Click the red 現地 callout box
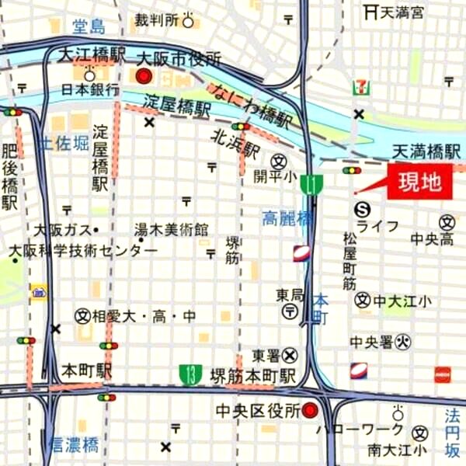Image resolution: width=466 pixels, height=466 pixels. (420, 183)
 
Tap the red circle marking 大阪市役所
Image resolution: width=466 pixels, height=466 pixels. (144, 75)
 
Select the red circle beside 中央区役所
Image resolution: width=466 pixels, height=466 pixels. (310, 409)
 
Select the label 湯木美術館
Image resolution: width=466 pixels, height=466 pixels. (172, 230)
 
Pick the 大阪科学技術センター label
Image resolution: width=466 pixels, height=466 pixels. (84, 251)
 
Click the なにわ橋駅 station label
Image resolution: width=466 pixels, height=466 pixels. (249, 106)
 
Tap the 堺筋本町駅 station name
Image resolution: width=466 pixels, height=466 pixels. (253, 376)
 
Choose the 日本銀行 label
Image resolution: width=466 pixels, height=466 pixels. (89, 89)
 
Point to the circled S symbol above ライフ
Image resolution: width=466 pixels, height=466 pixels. (363, 208)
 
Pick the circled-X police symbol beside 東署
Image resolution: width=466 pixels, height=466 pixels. (290, 354)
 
